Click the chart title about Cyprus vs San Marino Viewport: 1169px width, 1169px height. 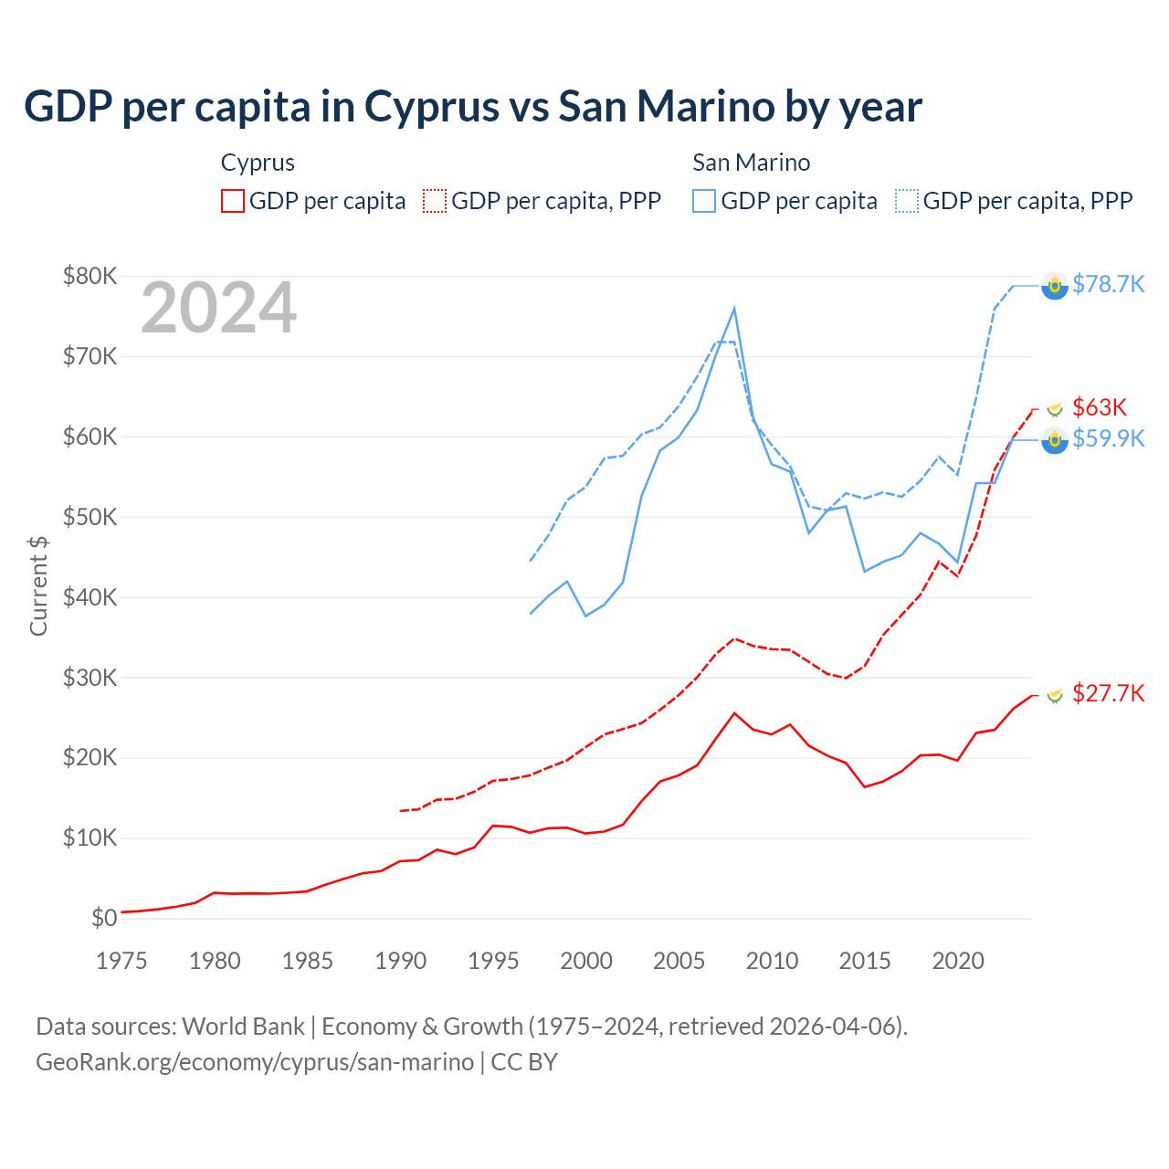click(x=472, y=107)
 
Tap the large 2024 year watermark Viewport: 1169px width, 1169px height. click(x=218, y=308)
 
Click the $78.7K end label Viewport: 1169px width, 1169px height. click(x=1108, y=284)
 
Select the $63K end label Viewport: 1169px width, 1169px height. click(x=1100, y=407)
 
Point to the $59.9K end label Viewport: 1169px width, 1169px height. click(x=1108, y=438)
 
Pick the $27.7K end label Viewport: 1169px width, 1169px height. click(x=1108, y=693)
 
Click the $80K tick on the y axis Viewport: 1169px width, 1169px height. click(x=90, y=276)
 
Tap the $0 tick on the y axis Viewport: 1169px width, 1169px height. click(x=104, y=918)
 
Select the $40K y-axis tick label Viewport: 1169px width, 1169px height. click(x=90, y=597)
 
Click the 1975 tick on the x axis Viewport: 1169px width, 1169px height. click(x=121, y=961)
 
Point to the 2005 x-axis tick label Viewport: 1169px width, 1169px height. click(x=679, y=961)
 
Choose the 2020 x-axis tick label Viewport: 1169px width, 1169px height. click(x=957, y=961)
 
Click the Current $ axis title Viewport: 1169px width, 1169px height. click(x=38, y=585)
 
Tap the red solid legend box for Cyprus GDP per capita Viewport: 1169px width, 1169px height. click(x=233, y=201)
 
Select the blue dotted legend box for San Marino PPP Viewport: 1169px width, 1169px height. click(x=907, y=201)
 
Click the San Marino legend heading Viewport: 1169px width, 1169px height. click(x=751, y=163)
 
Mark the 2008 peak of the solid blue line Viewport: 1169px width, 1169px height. click(x=734, y=309)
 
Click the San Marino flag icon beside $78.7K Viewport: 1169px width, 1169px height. click(x=1055, y=286)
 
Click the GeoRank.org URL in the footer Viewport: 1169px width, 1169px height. click(x=255, y=1062)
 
